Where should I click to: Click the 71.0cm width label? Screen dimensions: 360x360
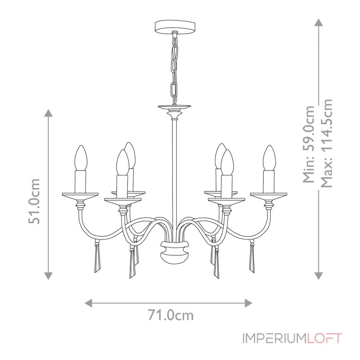(171, 315)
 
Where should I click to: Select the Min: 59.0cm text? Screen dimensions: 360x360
(309, 144)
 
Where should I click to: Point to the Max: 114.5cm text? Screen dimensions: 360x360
(327, 143)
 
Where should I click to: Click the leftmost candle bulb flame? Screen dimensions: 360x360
(80, 157)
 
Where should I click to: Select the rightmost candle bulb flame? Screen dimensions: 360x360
(269, 157)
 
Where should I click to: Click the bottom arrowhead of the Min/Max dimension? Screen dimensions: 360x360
(318, 276)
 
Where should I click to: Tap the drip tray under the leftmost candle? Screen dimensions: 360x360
(80, 195)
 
